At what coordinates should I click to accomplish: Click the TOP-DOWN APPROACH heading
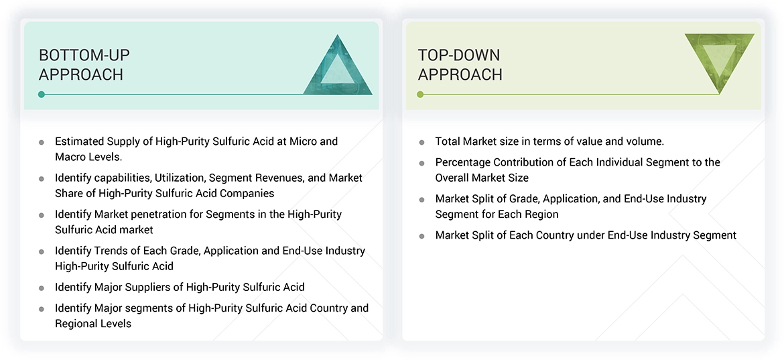tap(460, 65)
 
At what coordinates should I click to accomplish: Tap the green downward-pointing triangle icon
tap(719, 62)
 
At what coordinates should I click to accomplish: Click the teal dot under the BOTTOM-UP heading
tap(42, 95)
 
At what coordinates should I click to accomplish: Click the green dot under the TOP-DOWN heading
tap(420, 95)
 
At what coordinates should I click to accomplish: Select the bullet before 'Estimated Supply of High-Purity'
tap(42, 142)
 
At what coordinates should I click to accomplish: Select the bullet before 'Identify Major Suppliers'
tap(42, 288)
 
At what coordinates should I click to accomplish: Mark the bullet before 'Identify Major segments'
tap(42, 309)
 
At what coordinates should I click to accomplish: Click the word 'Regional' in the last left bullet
tap(76, 323)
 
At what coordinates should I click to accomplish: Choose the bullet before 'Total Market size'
tap(421, 142)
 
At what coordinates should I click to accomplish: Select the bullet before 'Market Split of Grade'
tap(421, 199)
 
